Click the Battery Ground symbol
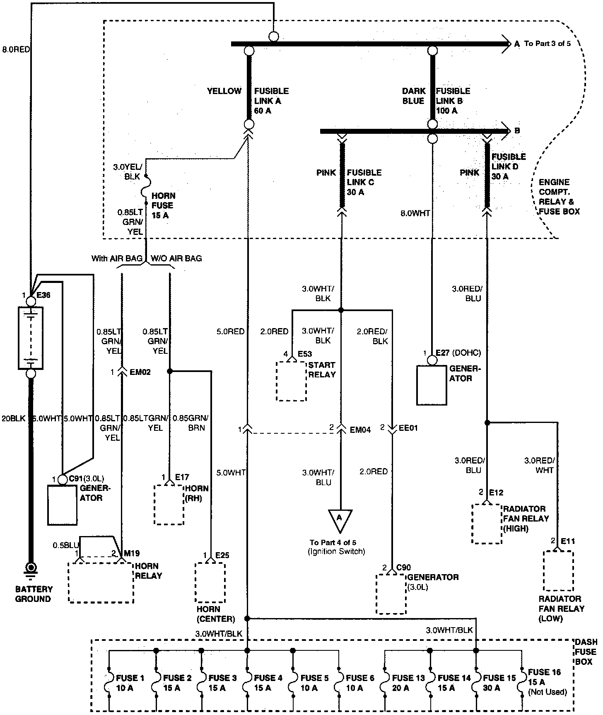point(30,570)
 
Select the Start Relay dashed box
point(292,381)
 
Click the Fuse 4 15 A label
point(268,683)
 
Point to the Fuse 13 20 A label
point(408,683)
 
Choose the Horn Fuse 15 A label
point(163,205)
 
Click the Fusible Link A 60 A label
point(271,101)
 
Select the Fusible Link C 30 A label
point(364,182)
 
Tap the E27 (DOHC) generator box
point(432,385)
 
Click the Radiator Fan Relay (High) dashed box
point(487,524)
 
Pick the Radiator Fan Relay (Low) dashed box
point(558,570)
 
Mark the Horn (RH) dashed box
point(169,505)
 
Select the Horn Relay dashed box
point(101,582)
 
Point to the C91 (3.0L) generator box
point(63,505)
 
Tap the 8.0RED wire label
point(16,49)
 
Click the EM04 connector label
point(360,430)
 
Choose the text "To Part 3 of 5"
point(548,43)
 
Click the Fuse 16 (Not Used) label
point(547,682)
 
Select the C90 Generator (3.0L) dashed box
point(391,594)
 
